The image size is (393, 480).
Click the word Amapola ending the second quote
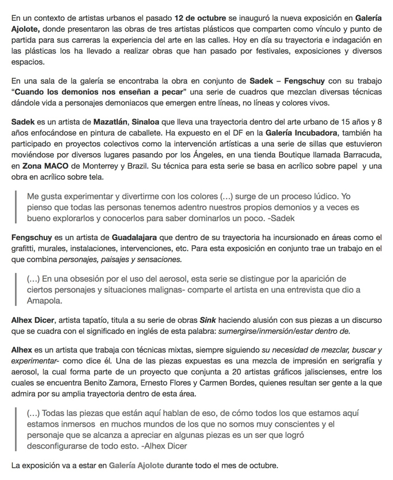point(44,301)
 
